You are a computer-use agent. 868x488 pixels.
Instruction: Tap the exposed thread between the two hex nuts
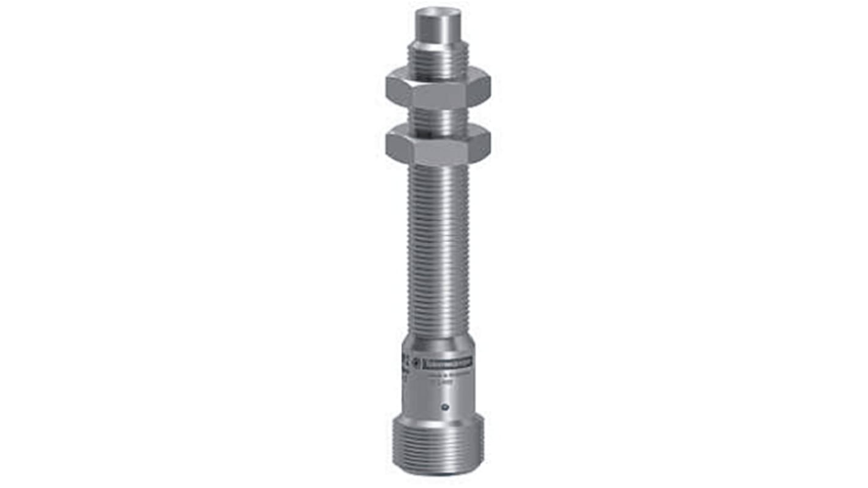point(438,120)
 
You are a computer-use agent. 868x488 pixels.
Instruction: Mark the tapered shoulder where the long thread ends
point(438,343)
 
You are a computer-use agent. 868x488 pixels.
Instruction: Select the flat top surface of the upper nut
point(438,77)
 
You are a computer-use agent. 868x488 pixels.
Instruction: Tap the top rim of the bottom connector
point(438,417)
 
